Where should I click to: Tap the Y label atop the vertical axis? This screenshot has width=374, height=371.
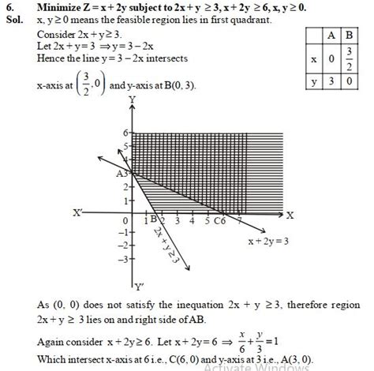pyautogui.click(x=132, y=99)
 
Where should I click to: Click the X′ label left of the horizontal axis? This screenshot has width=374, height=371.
pyautogui.click(x=78, y=212)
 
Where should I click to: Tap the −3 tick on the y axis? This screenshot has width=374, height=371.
pyautogui.click(x=123, y=258)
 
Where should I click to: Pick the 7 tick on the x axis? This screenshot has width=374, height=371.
pyautogui.click(x=234, y=220)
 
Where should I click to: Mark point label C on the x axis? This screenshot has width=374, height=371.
pyautogui.click(x=216, y=220)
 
